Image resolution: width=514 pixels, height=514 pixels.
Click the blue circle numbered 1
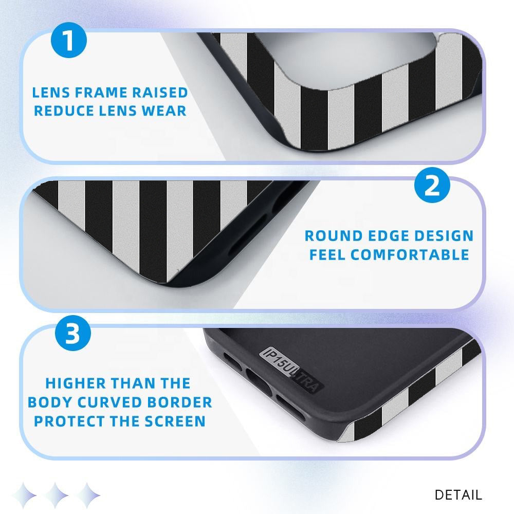(69, 40)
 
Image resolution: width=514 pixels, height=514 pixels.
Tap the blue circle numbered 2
(432, 185)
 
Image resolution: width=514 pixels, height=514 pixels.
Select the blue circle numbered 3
(73, 333)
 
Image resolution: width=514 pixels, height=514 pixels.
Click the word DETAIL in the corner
(458, 494)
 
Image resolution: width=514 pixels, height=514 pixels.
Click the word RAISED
(160, 93)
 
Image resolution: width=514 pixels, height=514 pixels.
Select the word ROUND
(334, 236)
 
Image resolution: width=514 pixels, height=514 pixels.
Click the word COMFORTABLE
(410, 255)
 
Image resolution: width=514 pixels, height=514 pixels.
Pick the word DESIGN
(444, 236)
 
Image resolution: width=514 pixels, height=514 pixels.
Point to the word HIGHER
(76, 383)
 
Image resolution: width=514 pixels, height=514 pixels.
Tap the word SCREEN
(175, 421)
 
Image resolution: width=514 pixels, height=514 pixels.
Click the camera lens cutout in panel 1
(347, 59)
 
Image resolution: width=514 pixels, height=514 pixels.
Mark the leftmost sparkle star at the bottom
(24, 494)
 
